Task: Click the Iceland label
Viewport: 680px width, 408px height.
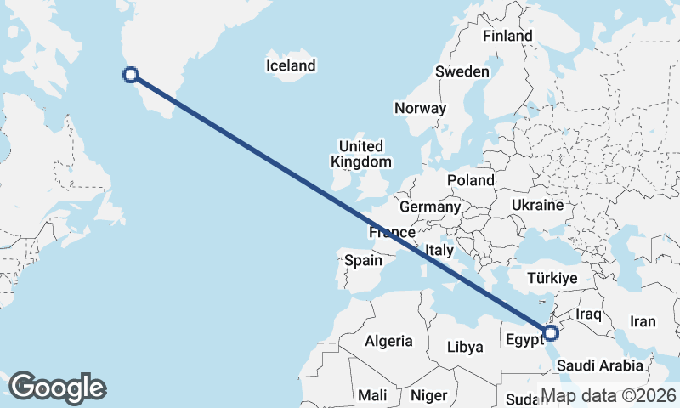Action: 291,65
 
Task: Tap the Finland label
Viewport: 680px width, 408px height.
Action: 507,36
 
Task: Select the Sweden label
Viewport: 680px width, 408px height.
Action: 462,71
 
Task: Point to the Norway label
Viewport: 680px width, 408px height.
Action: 420,108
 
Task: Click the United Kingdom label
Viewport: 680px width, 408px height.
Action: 361,154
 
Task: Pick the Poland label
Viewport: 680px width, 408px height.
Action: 471,180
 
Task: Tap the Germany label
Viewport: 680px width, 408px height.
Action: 429,207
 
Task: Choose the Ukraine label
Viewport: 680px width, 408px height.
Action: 537,205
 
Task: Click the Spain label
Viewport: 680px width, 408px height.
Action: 363,261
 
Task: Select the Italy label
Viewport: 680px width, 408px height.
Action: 439,250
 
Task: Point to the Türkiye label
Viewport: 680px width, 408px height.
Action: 552,278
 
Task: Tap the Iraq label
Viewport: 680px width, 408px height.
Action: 588,314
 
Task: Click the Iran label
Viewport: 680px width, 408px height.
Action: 643,321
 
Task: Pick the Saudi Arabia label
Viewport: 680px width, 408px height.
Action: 600,365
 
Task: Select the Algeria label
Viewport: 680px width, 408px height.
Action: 388,341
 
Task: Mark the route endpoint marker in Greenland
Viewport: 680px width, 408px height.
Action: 131,75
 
